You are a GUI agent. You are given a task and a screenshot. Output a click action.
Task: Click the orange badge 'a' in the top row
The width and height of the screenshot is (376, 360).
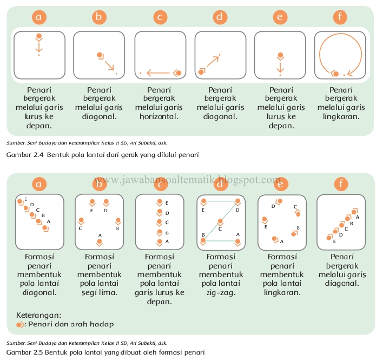(39, 17)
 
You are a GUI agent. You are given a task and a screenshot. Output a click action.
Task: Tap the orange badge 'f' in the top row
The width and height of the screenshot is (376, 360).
(340, 17)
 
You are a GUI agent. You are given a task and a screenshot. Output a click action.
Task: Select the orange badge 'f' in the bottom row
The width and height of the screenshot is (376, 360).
(341, 184)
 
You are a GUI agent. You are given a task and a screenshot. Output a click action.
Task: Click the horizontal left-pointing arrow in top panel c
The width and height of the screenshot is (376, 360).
(158, 73)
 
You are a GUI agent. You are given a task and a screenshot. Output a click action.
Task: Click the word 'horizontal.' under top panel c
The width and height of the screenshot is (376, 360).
(159, 116)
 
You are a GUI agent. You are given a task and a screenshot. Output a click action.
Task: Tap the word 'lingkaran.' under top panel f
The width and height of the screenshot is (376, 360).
(341, 117)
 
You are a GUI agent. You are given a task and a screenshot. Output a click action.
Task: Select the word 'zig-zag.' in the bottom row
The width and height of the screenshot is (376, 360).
(221, 293)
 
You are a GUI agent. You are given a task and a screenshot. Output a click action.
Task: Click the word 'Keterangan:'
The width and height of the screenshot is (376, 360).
(38, 315)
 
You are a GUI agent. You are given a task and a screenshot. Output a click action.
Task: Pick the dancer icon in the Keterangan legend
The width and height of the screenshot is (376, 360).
(20, 325)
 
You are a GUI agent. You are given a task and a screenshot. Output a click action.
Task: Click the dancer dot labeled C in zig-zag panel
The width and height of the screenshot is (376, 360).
(220, 221)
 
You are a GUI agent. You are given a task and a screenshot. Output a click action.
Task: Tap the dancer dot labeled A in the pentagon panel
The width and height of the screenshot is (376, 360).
(100, 241)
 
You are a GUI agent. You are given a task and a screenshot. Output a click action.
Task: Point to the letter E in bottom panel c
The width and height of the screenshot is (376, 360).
(167, 203)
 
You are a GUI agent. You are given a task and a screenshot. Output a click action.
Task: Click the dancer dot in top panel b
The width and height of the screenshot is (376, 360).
(100, 55)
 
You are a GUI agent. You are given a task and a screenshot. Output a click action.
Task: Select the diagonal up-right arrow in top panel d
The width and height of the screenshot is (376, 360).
(213, 61)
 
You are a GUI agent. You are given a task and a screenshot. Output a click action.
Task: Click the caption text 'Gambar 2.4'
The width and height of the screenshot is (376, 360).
(25, 155)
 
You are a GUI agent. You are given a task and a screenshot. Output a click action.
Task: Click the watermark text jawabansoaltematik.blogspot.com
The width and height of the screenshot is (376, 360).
(187, 180)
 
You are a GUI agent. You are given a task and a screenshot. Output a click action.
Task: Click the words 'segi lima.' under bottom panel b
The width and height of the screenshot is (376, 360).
(100, 293)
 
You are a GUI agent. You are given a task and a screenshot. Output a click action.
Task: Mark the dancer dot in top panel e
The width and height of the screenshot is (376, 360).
(280, 55)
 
